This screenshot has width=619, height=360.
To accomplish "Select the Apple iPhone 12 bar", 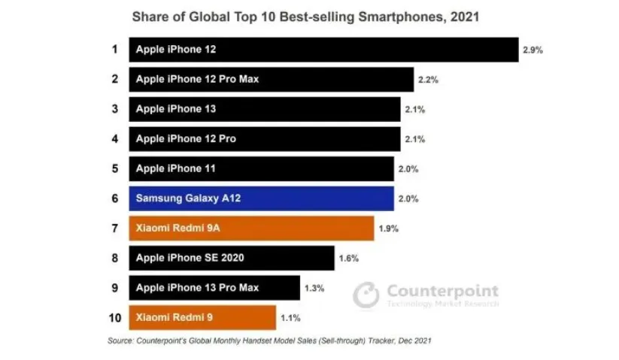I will (x=323, y=50).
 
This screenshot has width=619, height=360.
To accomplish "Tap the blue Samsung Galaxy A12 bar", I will (x=261, y=198).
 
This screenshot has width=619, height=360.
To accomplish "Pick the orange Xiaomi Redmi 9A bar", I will (x=251, y=228).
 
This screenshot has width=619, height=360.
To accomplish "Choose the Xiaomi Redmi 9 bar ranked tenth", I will (x=202, y=317).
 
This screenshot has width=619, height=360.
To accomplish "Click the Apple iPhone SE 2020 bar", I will (x=232, y=258).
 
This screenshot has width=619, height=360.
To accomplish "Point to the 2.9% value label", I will (x=533, y=51).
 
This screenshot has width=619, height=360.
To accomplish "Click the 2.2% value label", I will (x=427, y=80).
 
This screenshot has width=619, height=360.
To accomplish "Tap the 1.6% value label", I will (x=348, y=259).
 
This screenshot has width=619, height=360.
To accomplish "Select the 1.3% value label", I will (x=314, y=288).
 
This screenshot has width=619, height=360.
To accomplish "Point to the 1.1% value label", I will (x=290, y=318).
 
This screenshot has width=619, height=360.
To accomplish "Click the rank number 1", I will (x=114, y=50).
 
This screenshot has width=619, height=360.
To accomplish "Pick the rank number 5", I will (x=114, y=168).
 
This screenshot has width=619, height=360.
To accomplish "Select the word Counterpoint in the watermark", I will (x=441, y=291).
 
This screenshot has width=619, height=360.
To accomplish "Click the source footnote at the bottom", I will (x=269, y=341).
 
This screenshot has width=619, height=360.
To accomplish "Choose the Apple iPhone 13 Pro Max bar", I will (x=214, y=287).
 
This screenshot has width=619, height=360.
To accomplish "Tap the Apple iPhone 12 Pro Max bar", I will (x=271, y=80).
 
